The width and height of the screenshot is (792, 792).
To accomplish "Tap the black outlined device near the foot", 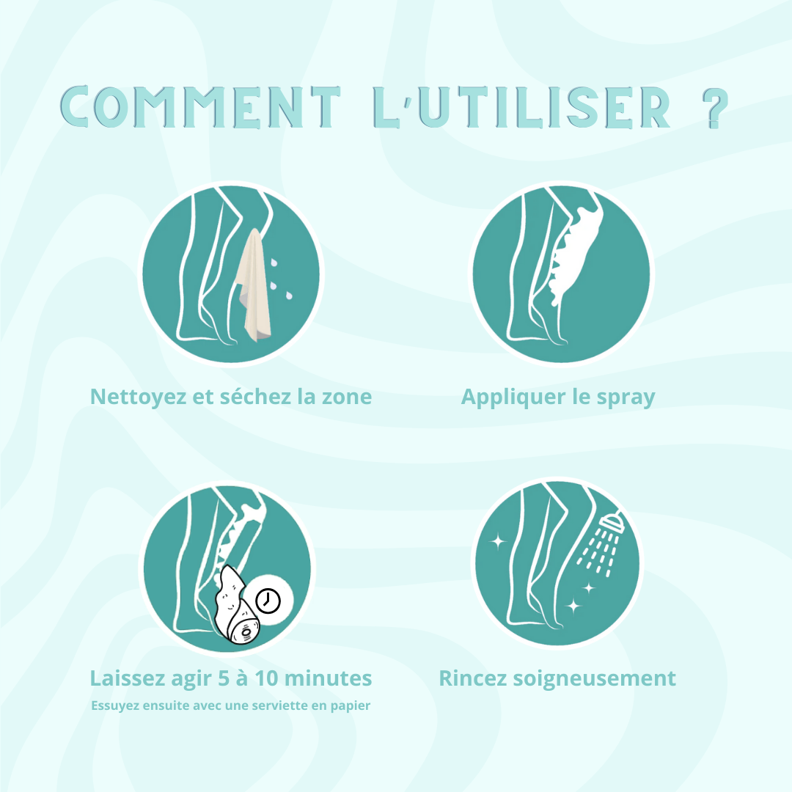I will (235, 609).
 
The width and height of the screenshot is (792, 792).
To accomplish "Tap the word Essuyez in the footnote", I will (113, 706).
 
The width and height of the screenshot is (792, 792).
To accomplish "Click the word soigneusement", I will (594, 678).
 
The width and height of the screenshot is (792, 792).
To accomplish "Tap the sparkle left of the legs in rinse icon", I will (498, 542).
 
